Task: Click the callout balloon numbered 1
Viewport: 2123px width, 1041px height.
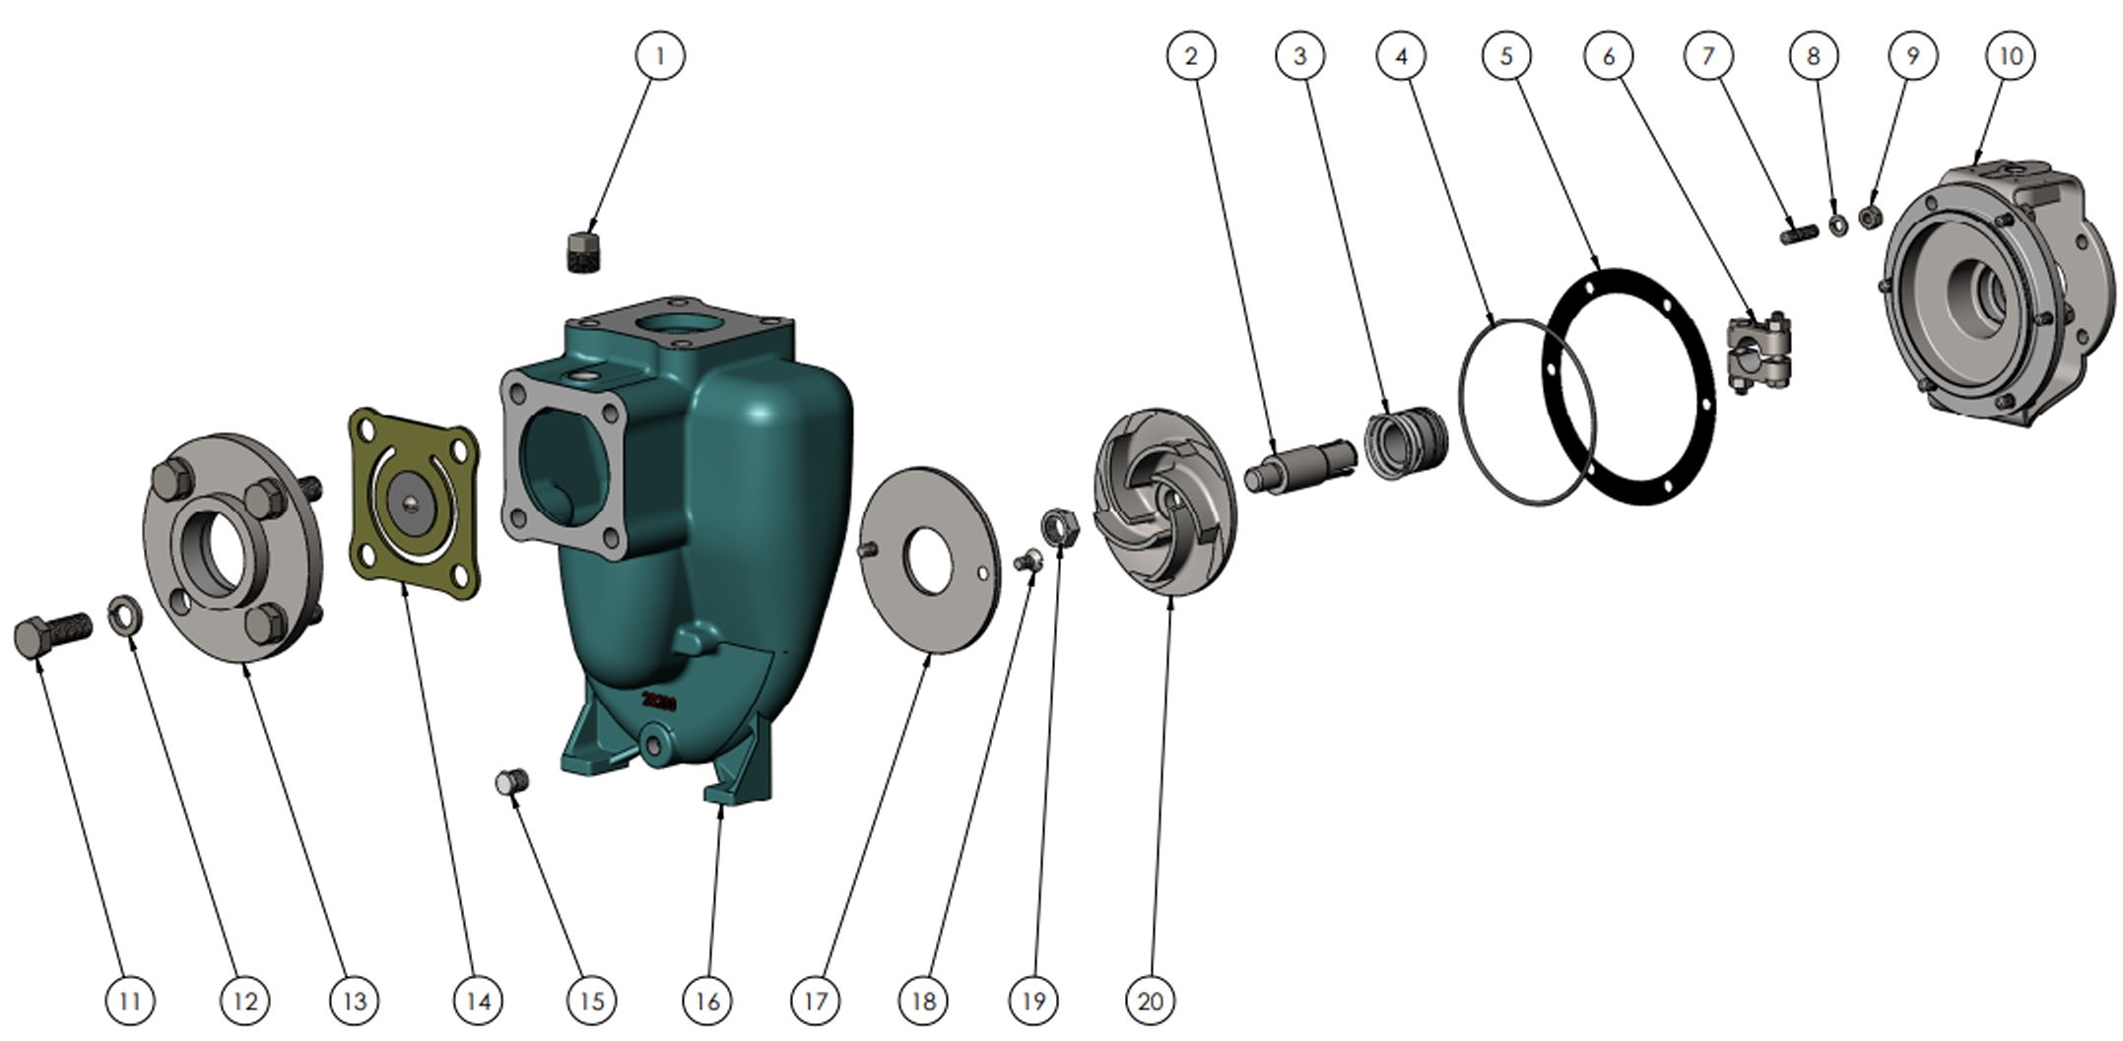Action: pos(660,55)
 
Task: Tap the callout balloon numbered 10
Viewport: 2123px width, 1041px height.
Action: pos(2011,55)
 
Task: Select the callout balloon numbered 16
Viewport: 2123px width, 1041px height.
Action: pos(707,1002)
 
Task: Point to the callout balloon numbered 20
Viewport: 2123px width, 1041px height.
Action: pos(1151,1002)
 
